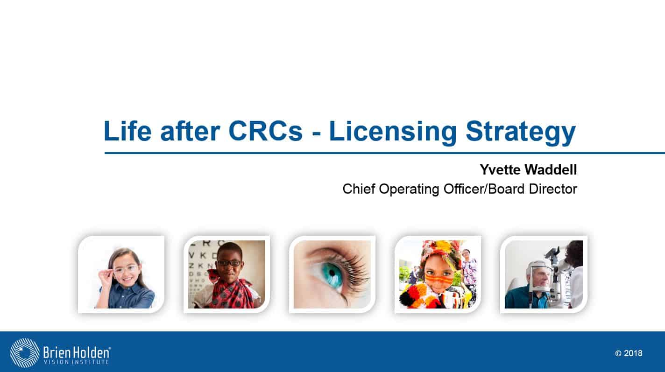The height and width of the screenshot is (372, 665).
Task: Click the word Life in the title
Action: click(127, 131)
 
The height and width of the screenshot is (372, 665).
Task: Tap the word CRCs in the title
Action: click(265, 131)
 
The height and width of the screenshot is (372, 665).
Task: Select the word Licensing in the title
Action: click(393, 133)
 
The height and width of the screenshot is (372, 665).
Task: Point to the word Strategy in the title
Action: click(521, 133)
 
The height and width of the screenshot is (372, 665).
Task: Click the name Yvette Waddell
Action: click(529, 170)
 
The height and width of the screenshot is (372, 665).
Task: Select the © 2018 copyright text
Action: click(629, 353)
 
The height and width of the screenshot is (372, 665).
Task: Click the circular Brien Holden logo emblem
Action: click(25, 353)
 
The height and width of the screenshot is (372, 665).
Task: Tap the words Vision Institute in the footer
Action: click(76, 362)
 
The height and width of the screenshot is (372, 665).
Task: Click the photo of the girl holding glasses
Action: click(121, 274)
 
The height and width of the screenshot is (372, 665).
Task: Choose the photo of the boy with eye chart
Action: click(227, 274)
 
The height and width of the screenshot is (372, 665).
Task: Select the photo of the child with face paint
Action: click(438, 274)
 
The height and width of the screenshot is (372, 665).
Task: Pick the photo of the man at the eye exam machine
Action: click(544, 274)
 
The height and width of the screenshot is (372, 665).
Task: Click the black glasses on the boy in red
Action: click(229, 263)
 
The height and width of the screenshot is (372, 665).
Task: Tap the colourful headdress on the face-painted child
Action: click(439, 252)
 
